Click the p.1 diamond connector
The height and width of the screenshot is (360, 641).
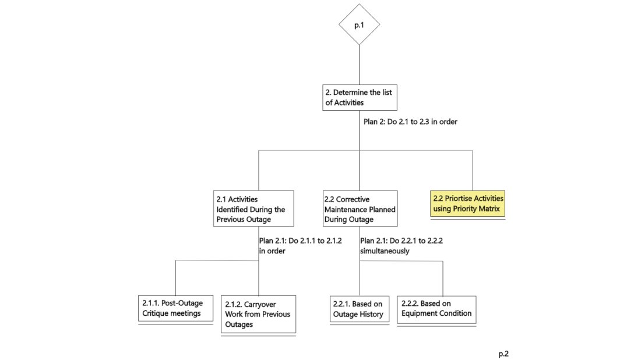pos(360,24)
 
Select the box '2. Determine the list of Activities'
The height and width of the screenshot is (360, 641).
pos(360,97)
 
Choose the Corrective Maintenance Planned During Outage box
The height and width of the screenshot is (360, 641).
pos(360,209)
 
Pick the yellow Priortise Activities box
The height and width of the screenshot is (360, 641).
pos(468,203)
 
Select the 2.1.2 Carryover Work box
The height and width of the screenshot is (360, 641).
pos(258,314)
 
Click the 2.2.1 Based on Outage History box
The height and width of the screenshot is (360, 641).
pos(358,308)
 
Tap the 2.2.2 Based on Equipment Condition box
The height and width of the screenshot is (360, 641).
pos(436,308)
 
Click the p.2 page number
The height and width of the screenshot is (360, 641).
pos(503,354)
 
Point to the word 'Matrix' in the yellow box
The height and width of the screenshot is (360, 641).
pos(488,209)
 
